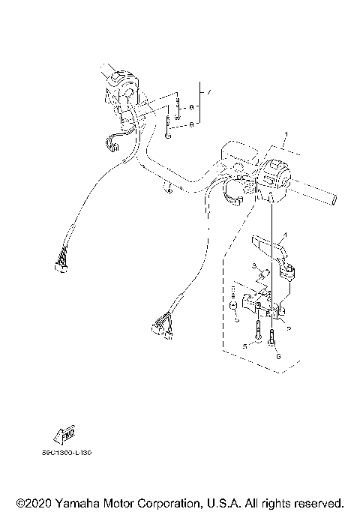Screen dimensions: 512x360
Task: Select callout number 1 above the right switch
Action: pos(285,136)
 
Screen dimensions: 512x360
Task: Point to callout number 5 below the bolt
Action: pos(244,346)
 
